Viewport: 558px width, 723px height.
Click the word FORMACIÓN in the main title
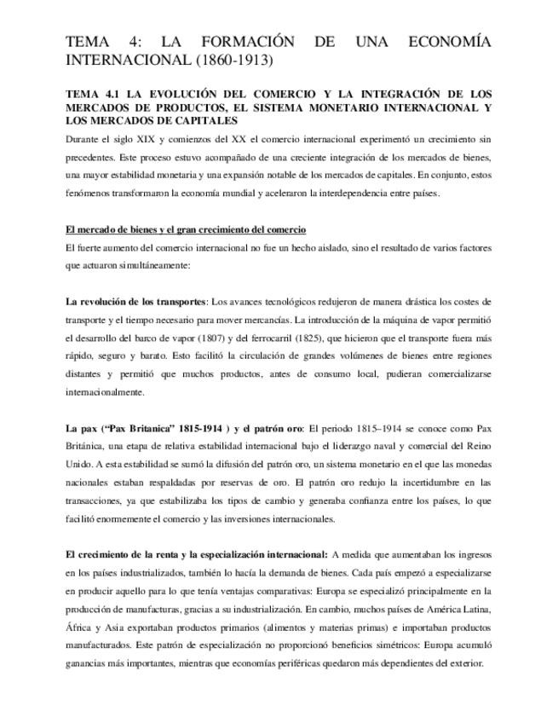(248, 42)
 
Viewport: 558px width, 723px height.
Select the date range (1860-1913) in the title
(233, 61)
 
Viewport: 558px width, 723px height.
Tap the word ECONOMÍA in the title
(445, 42)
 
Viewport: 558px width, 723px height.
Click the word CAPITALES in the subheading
(195, 120)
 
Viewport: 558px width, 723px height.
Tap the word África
(78, 628)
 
